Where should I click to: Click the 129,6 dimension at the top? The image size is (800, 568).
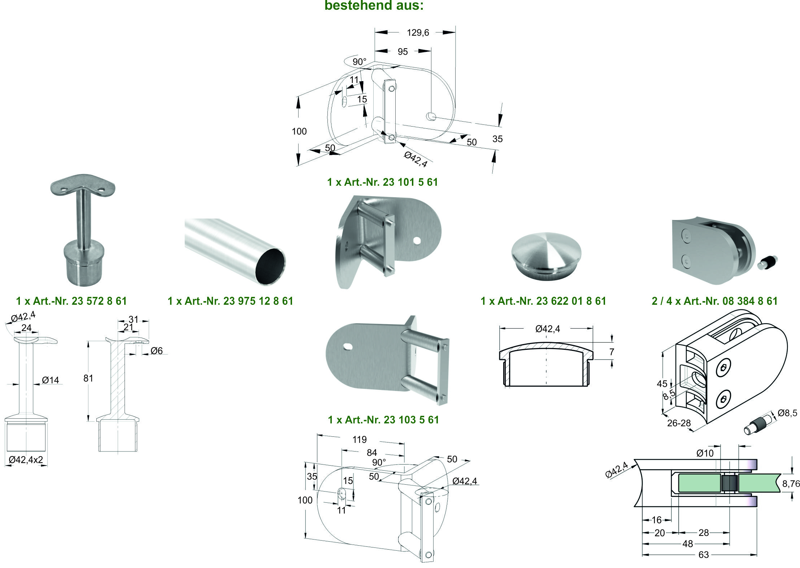(418, 33)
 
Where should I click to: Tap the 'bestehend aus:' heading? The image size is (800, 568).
(374, 5)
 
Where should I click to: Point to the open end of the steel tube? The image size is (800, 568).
(270, 267)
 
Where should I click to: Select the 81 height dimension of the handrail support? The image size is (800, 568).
(88, 378)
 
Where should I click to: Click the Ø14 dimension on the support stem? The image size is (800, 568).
(50, 380)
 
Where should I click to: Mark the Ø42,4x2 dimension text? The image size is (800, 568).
(26, 460)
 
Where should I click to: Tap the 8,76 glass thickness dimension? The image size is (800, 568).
(791, 484)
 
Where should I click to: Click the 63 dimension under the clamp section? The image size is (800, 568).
(703, 555)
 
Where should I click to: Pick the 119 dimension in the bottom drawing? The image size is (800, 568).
(359, 440)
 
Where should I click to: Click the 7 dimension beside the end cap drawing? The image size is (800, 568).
(612, 352)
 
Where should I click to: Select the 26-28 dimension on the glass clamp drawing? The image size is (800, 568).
(679, 423)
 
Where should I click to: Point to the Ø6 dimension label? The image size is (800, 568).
(156, 351)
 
